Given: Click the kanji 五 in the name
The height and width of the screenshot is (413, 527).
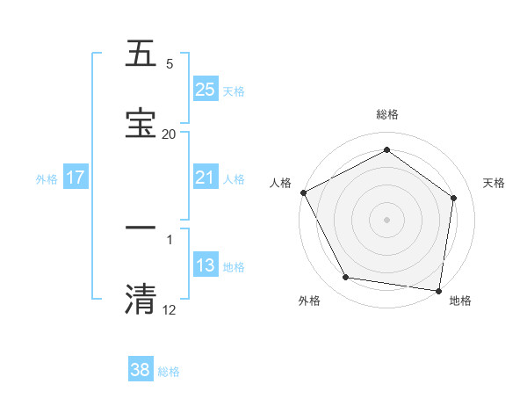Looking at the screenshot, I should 141,54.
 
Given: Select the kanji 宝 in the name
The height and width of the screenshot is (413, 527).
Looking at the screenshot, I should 141,121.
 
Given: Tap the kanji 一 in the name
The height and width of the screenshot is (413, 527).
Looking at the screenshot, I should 141,228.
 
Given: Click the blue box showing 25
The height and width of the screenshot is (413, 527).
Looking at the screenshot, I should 206,89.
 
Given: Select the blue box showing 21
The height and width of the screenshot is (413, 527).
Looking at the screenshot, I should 206,178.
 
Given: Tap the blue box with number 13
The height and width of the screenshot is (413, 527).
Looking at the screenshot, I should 206,265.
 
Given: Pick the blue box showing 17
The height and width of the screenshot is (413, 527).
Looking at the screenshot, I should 76,178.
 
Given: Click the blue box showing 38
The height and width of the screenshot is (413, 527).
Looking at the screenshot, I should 141,370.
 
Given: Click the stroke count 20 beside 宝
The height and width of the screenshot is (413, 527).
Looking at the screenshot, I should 169,134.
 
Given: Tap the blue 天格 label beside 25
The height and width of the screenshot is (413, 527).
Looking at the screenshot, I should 234,91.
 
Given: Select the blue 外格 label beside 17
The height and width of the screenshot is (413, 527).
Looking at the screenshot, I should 47,178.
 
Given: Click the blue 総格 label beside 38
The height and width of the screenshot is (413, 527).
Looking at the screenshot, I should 169,372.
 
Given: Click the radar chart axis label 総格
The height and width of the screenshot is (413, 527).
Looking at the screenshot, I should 386,114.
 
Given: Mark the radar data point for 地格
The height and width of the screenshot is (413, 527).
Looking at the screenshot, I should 439,289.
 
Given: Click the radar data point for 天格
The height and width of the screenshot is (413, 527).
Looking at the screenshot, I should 454,198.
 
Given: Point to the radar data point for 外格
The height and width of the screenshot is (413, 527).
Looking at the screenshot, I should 346,278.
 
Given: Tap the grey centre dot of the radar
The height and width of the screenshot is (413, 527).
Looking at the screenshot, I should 386,220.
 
